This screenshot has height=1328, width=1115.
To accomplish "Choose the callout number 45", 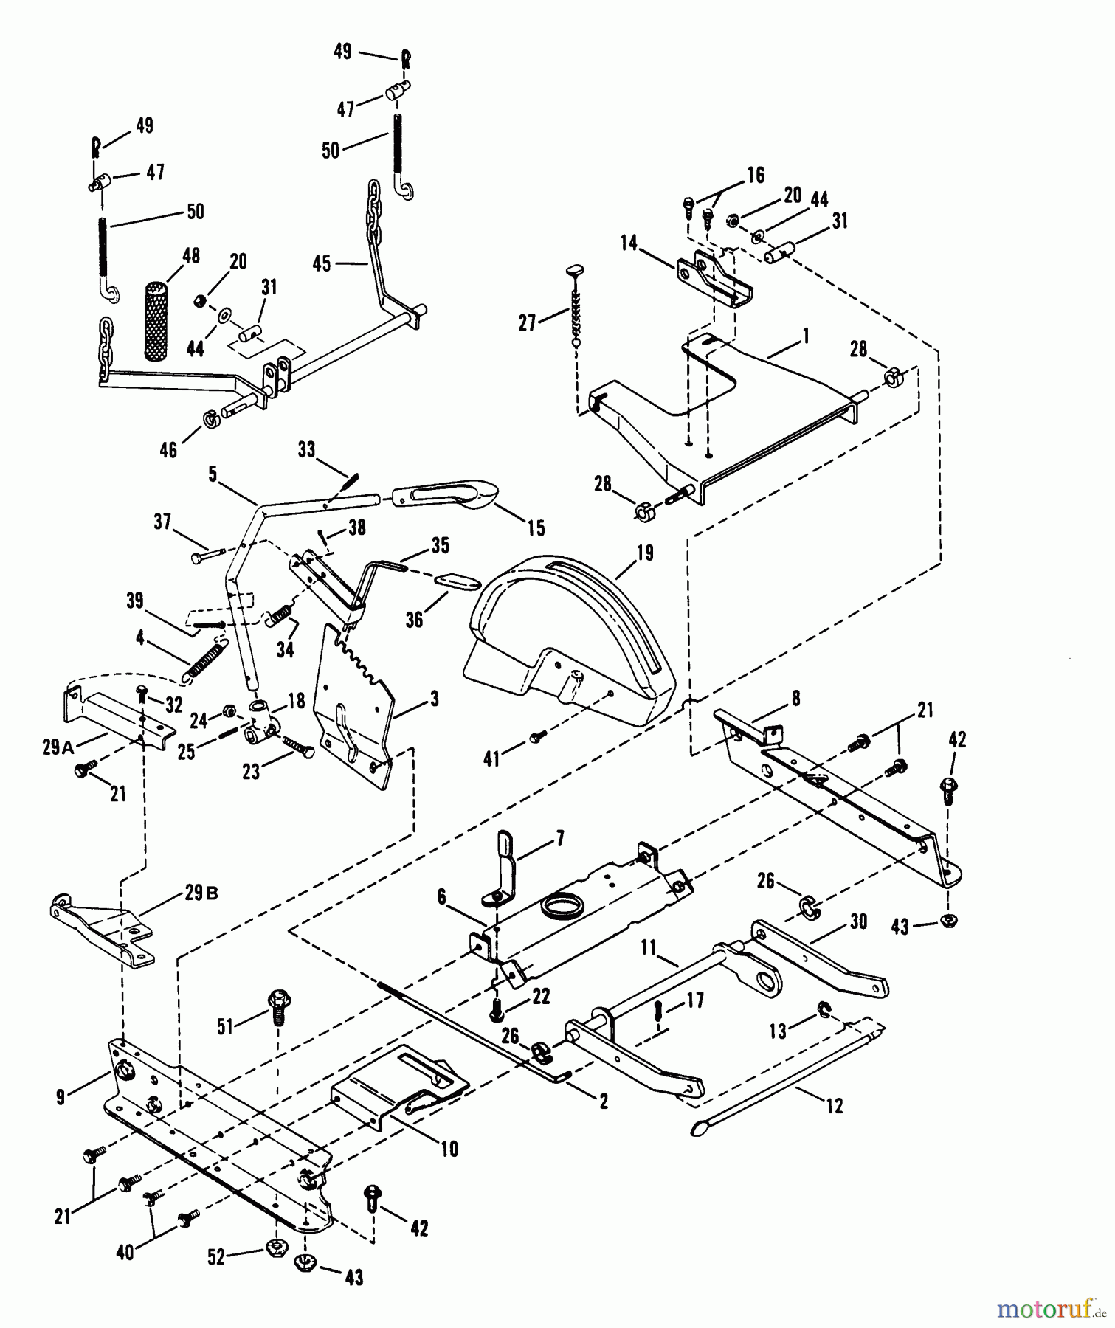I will click(x=322, y=263).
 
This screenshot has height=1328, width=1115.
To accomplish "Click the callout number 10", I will click(x=449, y=1149).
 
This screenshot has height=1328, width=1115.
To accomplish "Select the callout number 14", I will click(x=628, y=243).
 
